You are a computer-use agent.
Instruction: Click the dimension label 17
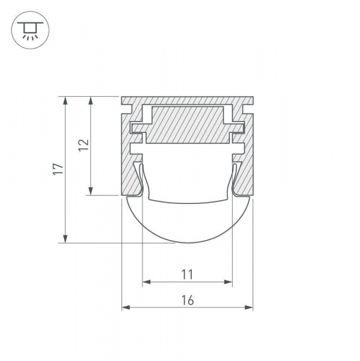57,170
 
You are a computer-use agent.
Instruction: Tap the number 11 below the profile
187,275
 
